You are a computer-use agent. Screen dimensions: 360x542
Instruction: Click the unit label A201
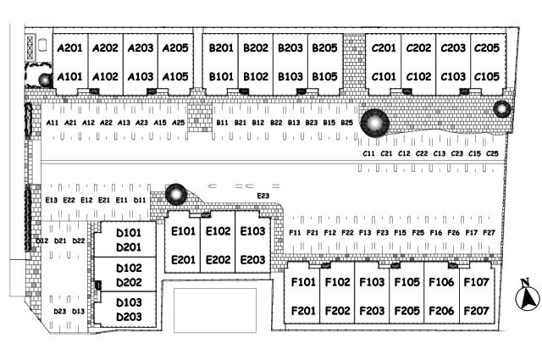click(x=69, y=48)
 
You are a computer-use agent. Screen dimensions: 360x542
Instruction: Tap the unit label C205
click(x=486, y=48)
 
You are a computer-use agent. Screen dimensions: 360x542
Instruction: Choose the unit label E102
click(x=218, y=231)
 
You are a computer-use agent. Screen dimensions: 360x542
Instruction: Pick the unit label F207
click(x=476, y=311)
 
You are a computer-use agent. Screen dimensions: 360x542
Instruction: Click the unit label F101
click(x=303, y=282)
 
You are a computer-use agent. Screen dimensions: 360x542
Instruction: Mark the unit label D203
click(x=128, y=317)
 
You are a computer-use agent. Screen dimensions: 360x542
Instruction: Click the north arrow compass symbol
click(x=528, y=296)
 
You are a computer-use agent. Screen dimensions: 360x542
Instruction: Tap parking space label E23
click(x=263, y=197)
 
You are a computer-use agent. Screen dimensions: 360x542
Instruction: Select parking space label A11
click(x=53, y=123)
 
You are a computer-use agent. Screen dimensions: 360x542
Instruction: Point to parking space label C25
click(x=493, y=154)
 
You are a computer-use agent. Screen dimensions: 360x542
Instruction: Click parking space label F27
click(x=489, y=232)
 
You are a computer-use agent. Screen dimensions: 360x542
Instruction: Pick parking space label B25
click(x=346, y=123)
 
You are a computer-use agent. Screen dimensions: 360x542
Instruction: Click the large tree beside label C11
click(x=373, y=124)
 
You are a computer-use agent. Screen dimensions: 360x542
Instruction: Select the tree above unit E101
click(x=175, y=195)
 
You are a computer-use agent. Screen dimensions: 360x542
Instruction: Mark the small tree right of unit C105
click(x=501, y=108)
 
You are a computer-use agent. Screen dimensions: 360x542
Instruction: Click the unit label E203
click(x=252, y=260)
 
